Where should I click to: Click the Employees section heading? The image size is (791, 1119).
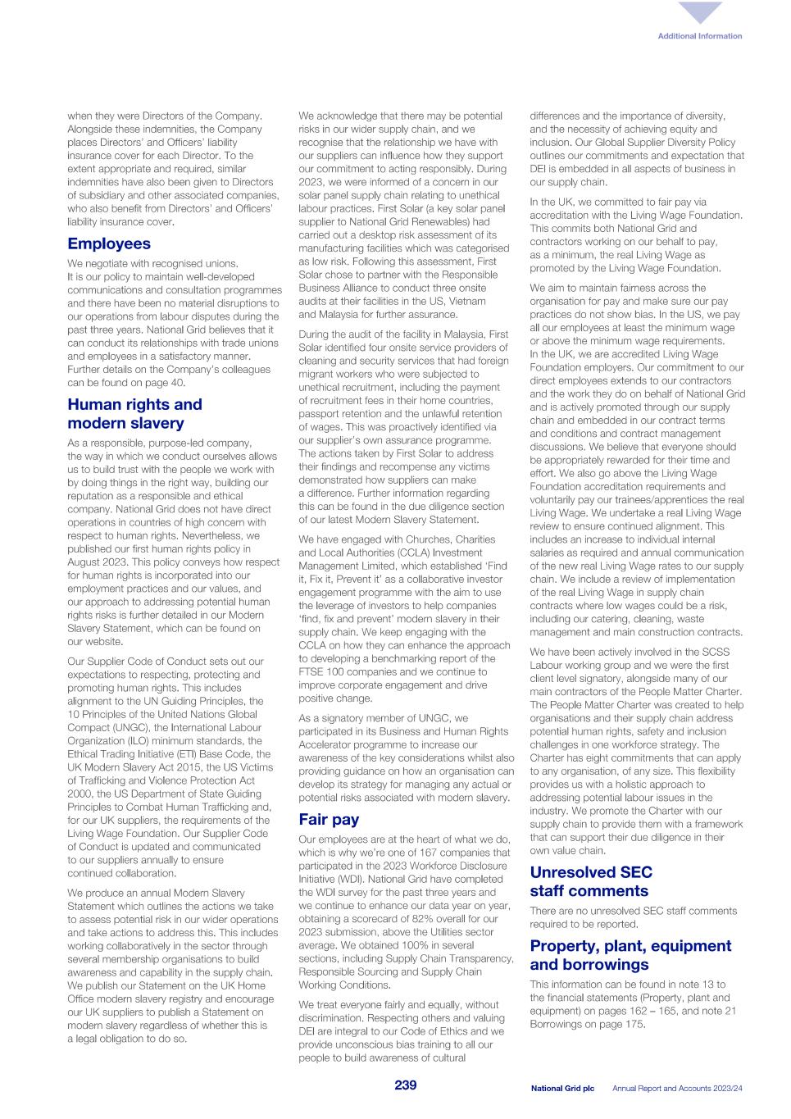[x=109, y=243]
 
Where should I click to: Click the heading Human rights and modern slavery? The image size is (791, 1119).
[x=134, y=414]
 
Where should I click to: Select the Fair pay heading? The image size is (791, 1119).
[x=329, y=819]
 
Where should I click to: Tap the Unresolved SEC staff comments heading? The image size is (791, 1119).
[x=590, y=881]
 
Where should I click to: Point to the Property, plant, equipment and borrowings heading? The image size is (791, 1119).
[x=630, y=955]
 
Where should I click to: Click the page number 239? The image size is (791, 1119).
[x=405, y=1085]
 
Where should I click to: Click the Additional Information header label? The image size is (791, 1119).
[x=699, y=36]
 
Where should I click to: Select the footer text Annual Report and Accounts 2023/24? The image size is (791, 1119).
[x=677, y=1088]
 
